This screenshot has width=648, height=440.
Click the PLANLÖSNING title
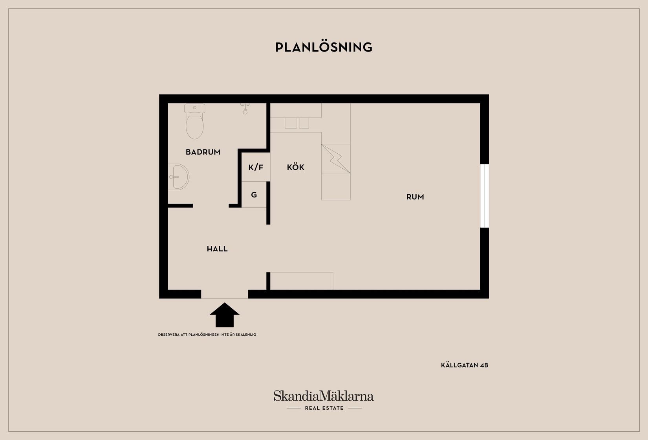[x=324, y=47]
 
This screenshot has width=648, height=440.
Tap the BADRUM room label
[x=203, y=152]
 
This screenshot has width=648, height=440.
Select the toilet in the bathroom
[x=195, y=122]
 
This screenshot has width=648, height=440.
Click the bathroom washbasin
[x=178, y=177]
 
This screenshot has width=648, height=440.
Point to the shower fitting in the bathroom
[x=245, y=109]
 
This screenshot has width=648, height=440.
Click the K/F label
[x=256, y=168]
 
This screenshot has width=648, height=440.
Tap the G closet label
[x=254, y=195]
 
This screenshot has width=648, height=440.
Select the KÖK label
[x=296, y=167]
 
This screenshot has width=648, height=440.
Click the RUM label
[x=415, y=197]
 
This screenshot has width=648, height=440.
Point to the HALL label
[x=217, y=249]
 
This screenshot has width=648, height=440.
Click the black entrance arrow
[x=225, y=315]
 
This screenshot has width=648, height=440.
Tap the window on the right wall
[x=485, y=196]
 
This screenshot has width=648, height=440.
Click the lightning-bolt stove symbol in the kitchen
[x=336, y=159]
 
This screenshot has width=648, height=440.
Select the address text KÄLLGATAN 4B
[x=465, y=365]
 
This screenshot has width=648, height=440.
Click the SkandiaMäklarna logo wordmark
[x=324, y=396]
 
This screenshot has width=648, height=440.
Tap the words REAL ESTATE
[x=324, y=408]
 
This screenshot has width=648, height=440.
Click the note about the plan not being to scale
[x=207, y=335]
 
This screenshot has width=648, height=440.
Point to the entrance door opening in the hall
[x=225, y=294]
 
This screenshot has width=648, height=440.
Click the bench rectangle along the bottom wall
[x=302, y=281]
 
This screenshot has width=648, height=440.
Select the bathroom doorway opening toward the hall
[x=211, y=206]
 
